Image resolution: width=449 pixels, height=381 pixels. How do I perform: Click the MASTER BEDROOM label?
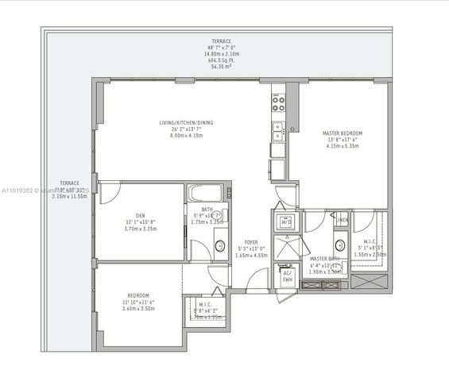[x=343, y=133]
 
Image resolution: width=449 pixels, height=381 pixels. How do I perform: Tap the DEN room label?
[x=140, y=214]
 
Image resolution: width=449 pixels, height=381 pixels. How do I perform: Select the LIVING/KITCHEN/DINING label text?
[x=186, y=122]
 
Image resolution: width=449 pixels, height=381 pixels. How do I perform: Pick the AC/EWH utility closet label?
[x=285, y=276]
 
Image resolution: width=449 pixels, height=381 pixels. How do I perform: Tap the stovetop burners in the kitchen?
[x=279, y=101]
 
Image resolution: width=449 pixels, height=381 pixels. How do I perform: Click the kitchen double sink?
[x=279, y=129]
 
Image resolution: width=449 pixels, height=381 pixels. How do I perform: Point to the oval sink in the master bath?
[x=340, y=244]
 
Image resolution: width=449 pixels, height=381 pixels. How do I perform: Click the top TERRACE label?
[x=222, y=40]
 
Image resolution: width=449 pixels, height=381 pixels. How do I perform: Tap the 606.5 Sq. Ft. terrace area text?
[x=222, y=60]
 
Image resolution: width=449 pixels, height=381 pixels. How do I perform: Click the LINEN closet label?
[x=342, y=220]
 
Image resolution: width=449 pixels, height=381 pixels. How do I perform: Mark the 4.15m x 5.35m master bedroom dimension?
[x=343, y=147]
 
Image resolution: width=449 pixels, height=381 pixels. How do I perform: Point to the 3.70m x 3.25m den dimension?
[x=140, y=229]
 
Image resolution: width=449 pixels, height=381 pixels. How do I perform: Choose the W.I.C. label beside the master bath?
[x=370, y=241]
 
